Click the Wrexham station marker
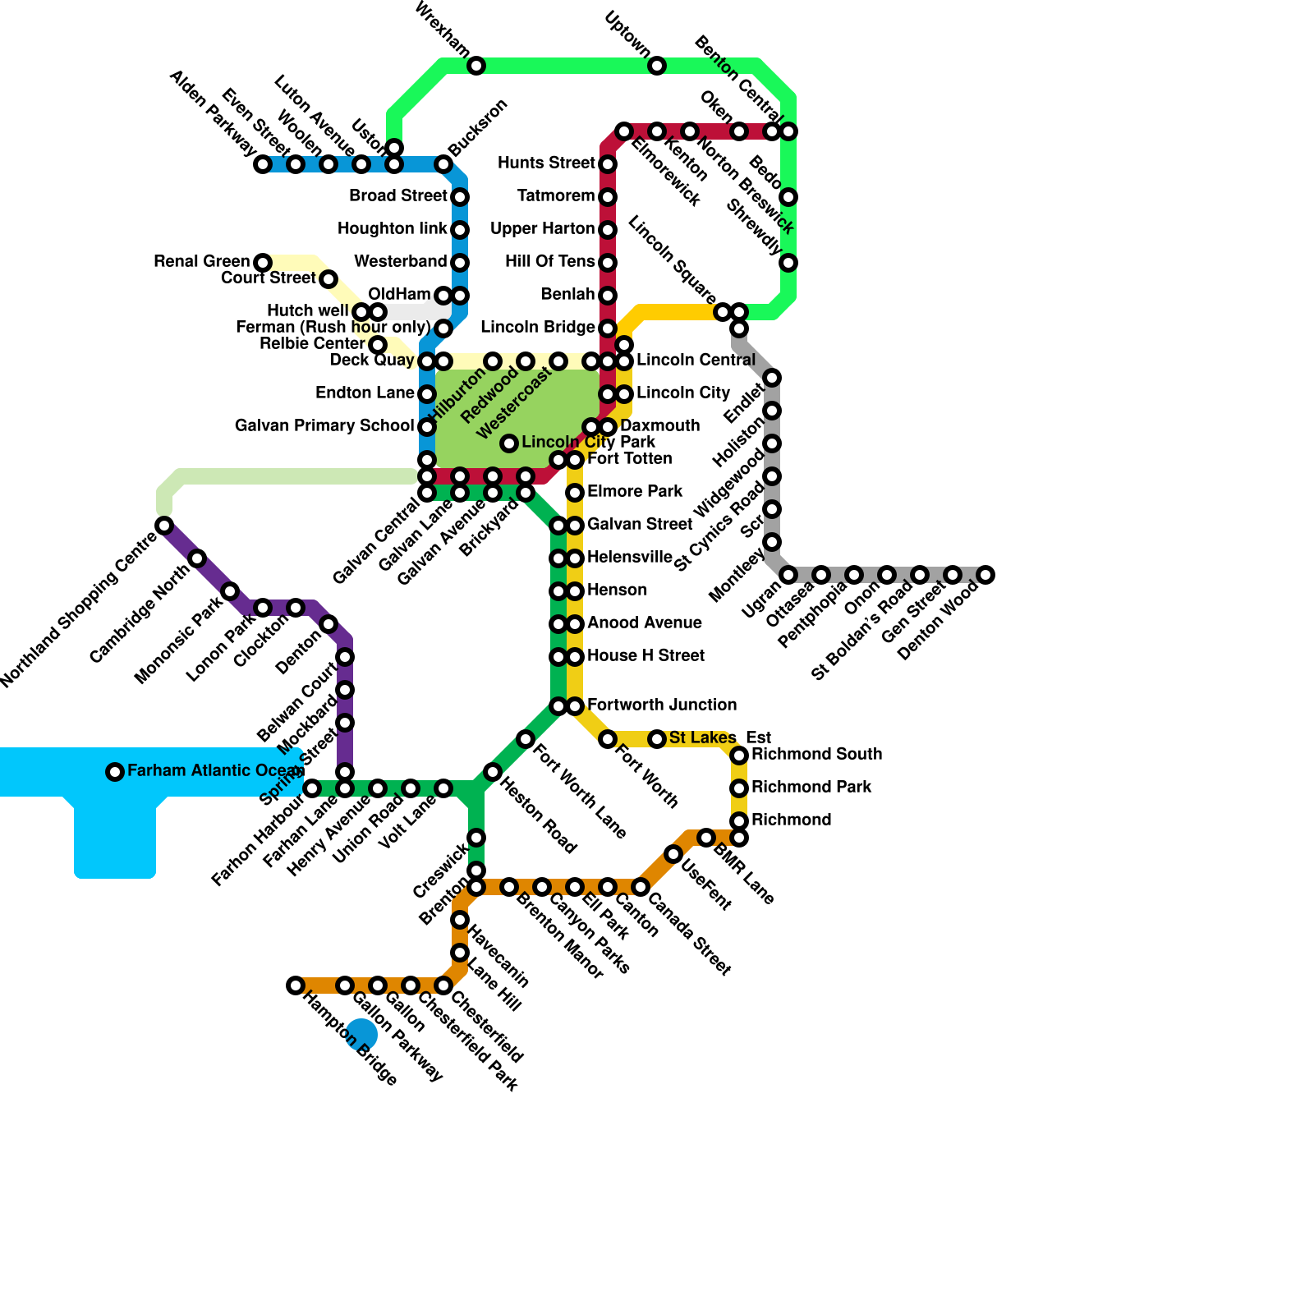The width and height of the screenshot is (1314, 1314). point(476,66)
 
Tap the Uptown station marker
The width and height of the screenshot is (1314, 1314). point(657,66)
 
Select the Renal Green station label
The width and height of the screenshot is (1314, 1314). point(202,262)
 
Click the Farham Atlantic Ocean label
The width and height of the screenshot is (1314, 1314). point(215,771)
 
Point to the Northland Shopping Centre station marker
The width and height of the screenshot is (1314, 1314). point(164,526)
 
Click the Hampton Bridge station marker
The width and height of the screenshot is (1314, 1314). point(296,985)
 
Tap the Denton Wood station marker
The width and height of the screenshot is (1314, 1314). point(985,575)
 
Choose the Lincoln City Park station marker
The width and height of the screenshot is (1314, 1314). point(509,443)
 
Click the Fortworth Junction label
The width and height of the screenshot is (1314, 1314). point(662,705)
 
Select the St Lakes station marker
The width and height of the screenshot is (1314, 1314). point(657,739)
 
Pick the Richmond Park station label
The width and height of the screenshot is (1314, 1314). point(811,788)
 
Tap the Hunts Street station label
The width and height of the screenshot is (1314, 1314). point(546,163)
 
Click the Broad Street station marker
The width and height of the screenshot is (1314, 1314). point(460,197)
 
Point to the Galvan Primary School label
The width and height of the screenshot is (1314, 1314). point(324,426)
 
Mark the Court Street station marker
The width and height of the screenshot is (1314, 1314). point(328,279)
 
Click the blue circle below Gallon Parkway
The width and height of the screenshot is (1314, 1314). point(361,1034)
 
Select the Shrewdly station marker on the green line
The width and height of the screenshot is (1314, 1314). point(788,263)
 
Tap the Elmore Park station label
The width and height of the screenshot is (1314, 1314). point(635,492)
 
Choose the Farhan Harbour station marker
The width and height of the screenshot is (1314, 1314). point(312,788)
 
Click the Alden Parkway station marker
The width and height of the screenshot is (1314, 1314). point(263,164)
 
